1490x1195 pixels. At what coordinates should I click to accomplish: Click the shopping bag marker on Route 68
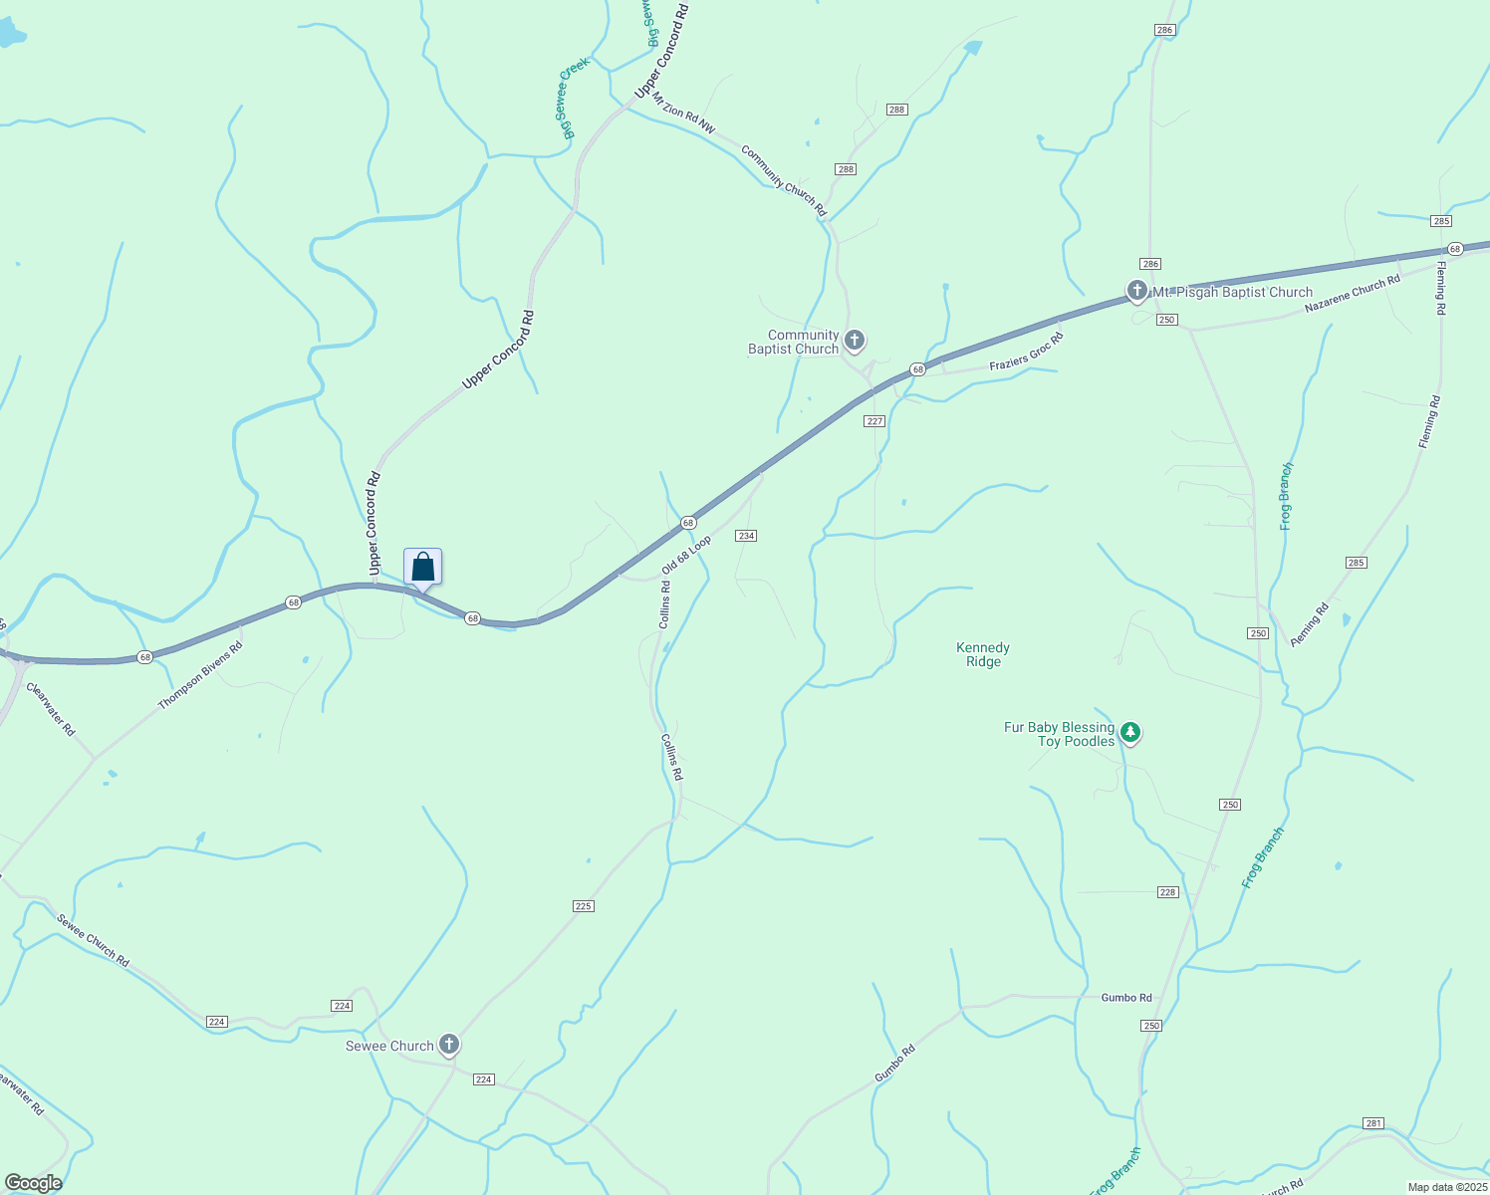[422, 568]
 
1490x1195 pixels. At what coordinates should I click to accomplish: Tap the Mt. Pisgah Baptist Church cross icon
[1137, 291]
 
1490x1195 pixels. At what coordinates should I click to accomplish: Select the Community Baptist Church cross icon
[854, 341]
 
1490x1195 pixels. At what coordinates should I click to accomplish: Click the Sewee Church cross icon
[449, 1044]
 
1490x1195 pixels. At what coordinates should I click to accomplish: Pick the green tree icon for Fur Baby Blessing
[1129, 733]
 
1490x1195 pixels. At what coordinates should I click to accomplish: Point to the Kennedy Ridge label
[983, 654]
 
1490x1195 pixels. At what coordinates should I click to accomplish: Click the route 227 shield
[874, 421]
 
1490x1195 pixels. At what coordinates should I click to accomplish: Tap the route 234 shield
[746, 536]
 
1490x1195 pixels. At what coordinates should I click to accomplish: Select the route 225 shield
[584, 905]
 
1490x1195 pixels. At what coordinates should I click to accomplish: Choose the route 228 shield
[1168, 892]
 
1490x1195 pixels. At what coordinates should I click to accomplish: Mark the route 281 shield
[1373, 1123]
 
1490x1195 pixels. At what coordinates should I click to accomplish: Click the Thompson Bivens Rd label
[200, 676]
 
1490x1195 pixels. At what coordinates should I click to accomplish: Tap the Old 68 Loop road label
[687, 556]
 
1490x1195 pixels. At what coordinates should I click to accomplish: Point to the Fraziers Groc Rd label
[1026, 353]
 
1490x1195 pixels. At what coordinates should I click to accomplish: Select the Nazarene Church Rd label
[1352, 294]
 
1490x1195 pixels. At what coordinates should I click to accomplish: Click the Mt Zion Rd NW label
[683, 113]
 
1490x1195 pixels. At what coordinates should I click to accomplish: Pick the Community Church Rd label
[784, 181]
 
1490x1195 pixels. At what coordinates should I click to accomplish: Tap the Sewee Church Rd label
[93, 940]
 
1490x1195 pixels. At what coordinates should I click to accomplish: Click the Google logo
[33, 1183]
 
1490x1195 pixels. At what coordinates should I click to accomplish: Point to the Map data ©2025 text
[1445, 1187]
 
